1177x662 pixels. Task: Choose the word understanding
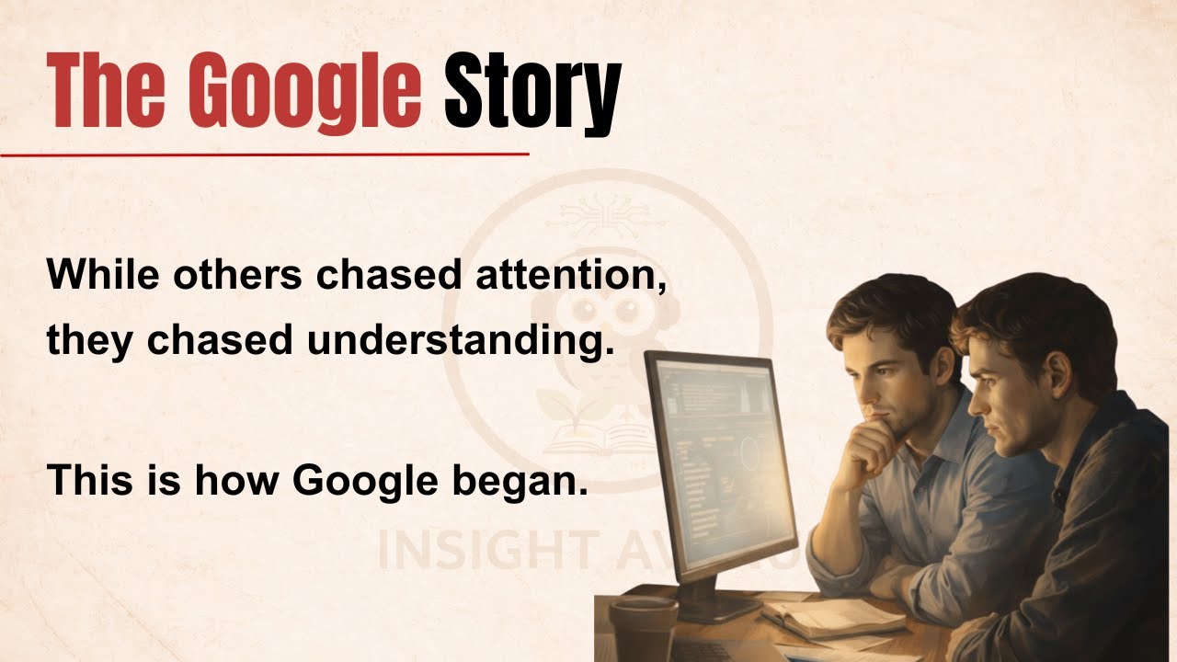460,341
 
